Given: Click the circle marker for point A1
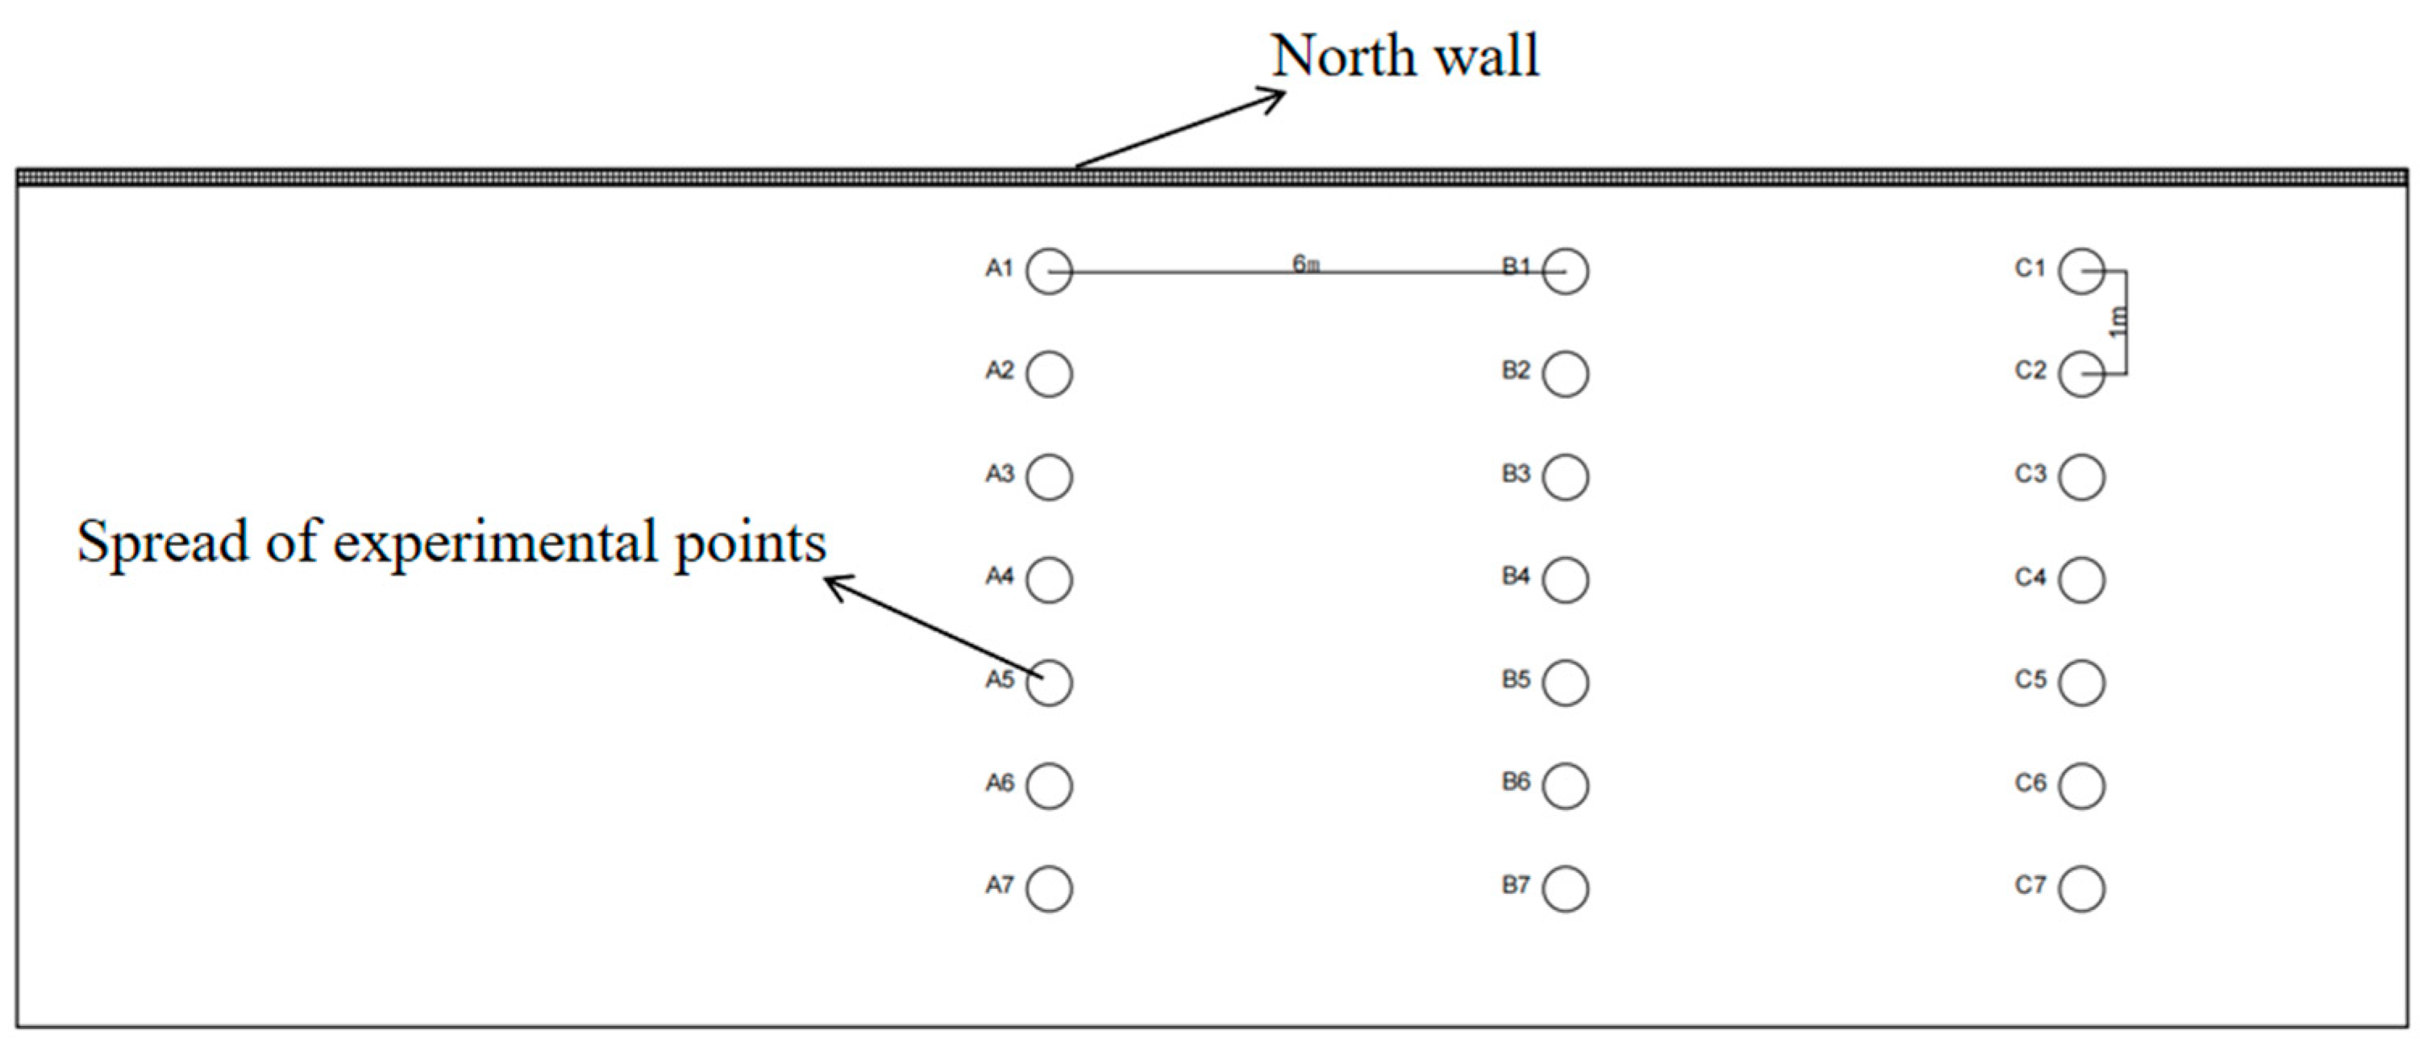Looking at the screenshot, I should (1049, 272).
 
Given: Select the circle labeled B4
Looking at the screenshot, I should (1566, 580).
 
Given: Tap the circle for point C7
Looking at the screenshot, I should (2081, 888).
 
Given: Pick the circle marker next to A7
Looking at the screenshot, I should (1049, 888).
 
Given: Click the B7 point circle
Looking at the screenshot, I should (1566, 888).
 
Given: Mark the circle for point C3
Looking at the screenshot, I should (2081, 477).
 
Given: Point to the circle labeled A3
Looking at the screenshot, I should (1049, 477).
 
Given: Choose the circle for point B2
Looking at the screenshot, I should (1566, 374).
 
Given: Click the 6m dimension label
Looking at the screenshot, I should (1306, 264).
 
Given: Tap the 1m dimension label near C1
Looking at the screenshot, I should (2118, 322).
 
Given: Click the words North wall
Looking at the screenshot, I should (1405, 56).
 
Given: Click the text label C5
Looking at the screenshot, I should (2029, 679).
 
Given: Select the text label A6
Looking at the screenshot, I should (1000, 782).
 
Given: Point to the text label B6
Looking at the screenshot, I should (1516, 781).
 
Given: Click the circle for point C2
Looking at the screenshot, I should (2081, 374).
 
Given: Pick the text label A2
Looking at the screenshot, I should (1000, 370).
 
